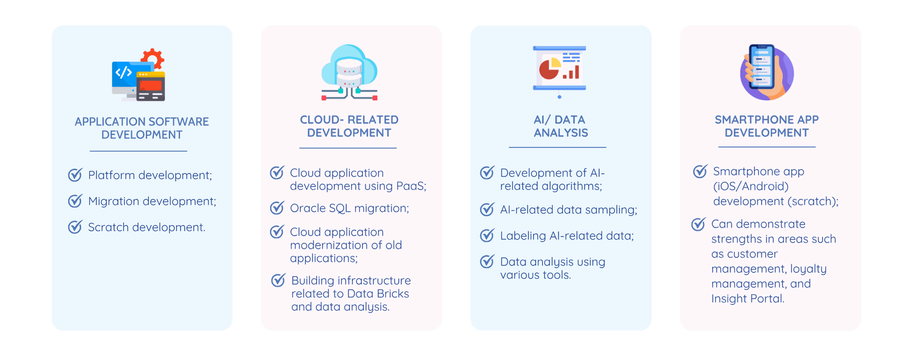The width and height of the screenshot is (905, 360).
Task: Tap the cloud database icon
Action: pyautogui.click(x=349, y=72)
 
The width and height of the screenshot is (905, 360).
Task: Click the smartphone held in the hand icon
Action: pyautogui.click(x=762, y=67)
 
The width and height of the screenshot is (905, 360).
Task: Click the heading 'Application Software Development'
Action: pyautogui.click(x=141, y=128)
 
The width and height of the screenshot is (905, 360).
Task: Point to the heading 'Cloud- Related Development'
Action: pyautogui.click(x=349, y=126)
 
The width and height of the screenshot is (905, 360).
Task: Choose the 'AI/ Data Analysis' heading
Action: pyautogui.click(x=560, y=126)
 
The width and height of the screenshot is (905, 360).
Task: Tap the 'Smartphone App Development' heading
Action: pyautogui.click(x=766, y=126)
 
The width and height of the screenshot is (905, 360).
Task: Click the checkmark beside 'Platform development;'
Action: pyautogui.click(x=75, y=175)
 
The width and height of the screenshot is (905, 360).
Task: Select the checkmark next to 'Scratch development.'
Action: pyautogui.click(x=75, y=227)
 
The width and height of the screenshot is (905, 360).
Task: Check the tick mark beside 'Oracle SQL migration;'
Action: pyautogui.click(x=277, y=208)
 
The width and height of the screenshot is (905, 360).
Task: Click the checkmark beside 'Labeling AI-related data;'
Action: pyautogui.click(x=487, y=235)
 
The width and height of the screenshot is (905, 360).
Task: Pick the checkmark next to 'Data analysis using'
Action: pyautogui.click(x=487, y=262)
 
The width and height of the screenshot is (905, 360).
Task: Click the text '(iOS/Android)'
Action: pyautogui.click(x=750, y=186)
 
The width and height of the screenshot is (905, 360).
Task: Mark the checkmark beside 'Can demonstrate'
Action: pyautogui.click(x=698, y=224)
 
